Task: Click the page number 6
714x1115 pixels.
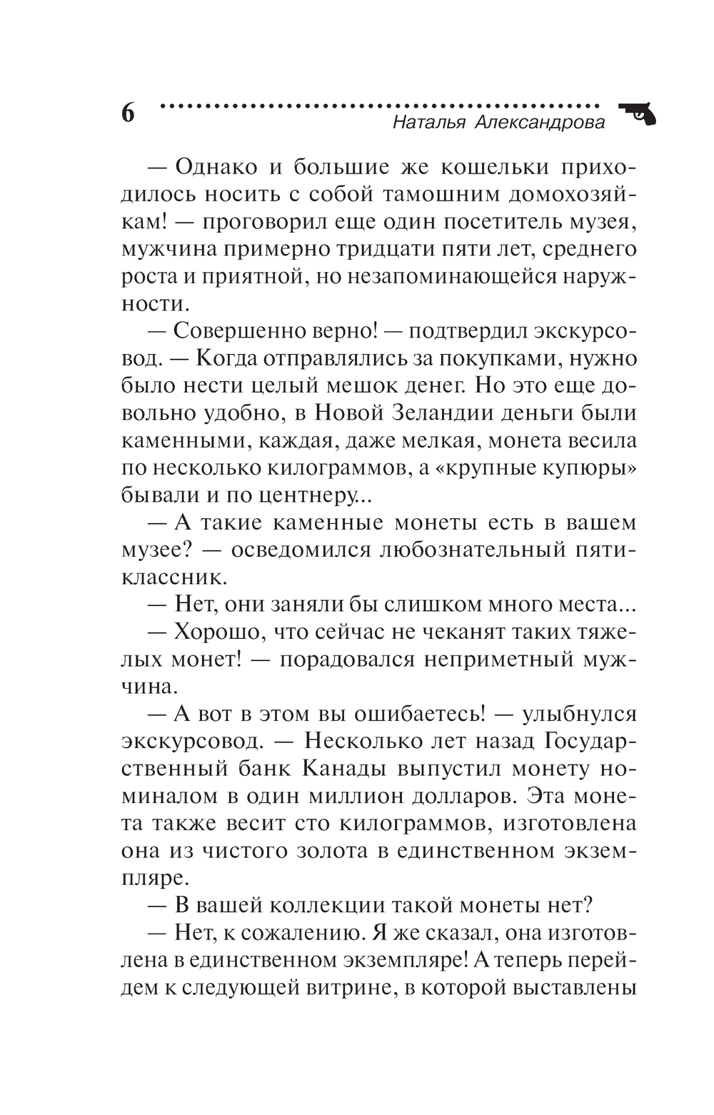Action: click(128, 113)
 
